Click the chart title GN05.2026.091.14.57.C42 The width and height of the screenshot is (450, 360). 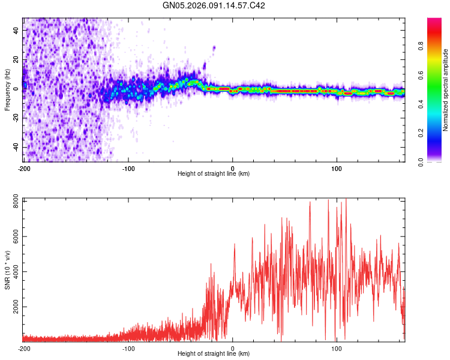pyautogui.click(x=214, y=5)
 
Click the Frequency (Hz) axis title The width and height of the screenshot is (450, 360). pyautogui.click(x=7, y=90)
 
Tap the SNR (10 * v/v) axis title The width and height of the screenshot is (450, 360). pyautogui.click(x=7, y=269)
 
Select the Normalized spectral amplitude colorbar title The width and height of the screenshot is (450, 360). pyautogui.click(x=445, y=90)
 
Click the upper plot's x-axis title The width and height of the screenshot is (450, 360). pyautogui.click(x=214, y=173)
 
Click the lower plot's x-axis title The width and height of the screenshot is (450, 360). pyautogui.click(x=214, y=353)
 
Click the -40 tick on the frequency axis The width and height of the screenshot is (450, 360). pyautogui.click(x=15, y=147)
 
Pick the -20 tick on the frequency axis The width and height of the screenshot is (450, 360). pyautogui.click(x=15, y=118)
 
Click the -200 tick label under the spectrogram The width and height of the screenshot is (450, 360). pyautogui.click(x=24, y=167)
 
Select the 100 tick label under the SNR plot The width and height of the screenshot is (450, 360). pyautogui.click(x=337, y=347)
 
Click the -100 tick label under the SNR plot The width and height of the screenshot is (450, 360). pyautogui.click(x=128, y=347)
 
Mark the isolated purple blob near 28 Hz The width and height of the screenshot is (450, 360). pyautogui.click(x=214, y=47)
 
